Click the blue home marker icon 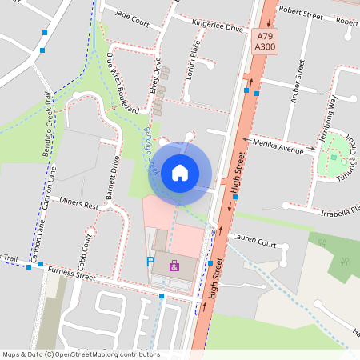pos(180,172)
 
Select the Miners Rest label pos(78,206)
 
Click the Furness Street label pos(71,276)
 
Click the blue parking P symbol pos(150,262)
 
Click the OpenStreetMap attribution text pos(81,354)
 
